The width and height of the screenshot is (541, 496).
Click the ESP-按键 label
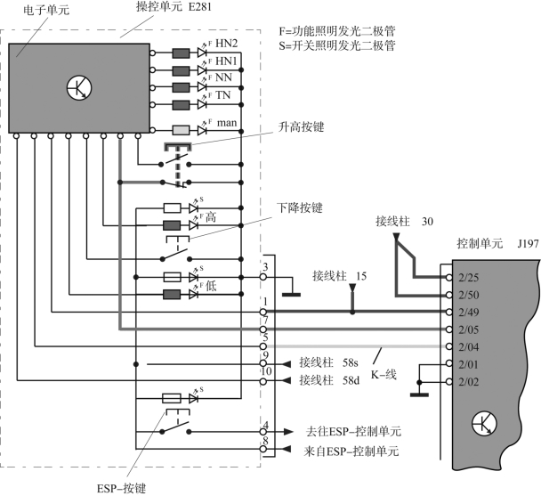tap(119, 487)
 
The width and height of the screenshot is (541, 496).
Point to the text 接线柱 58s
tap(327, 363)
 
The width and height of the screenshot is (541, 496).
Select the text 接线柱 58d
tap(327, 380)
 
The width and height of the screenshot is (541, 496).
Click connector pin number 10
tap(265, 371)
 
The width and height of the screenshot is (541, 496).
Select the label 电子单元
tap(30, 9)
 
